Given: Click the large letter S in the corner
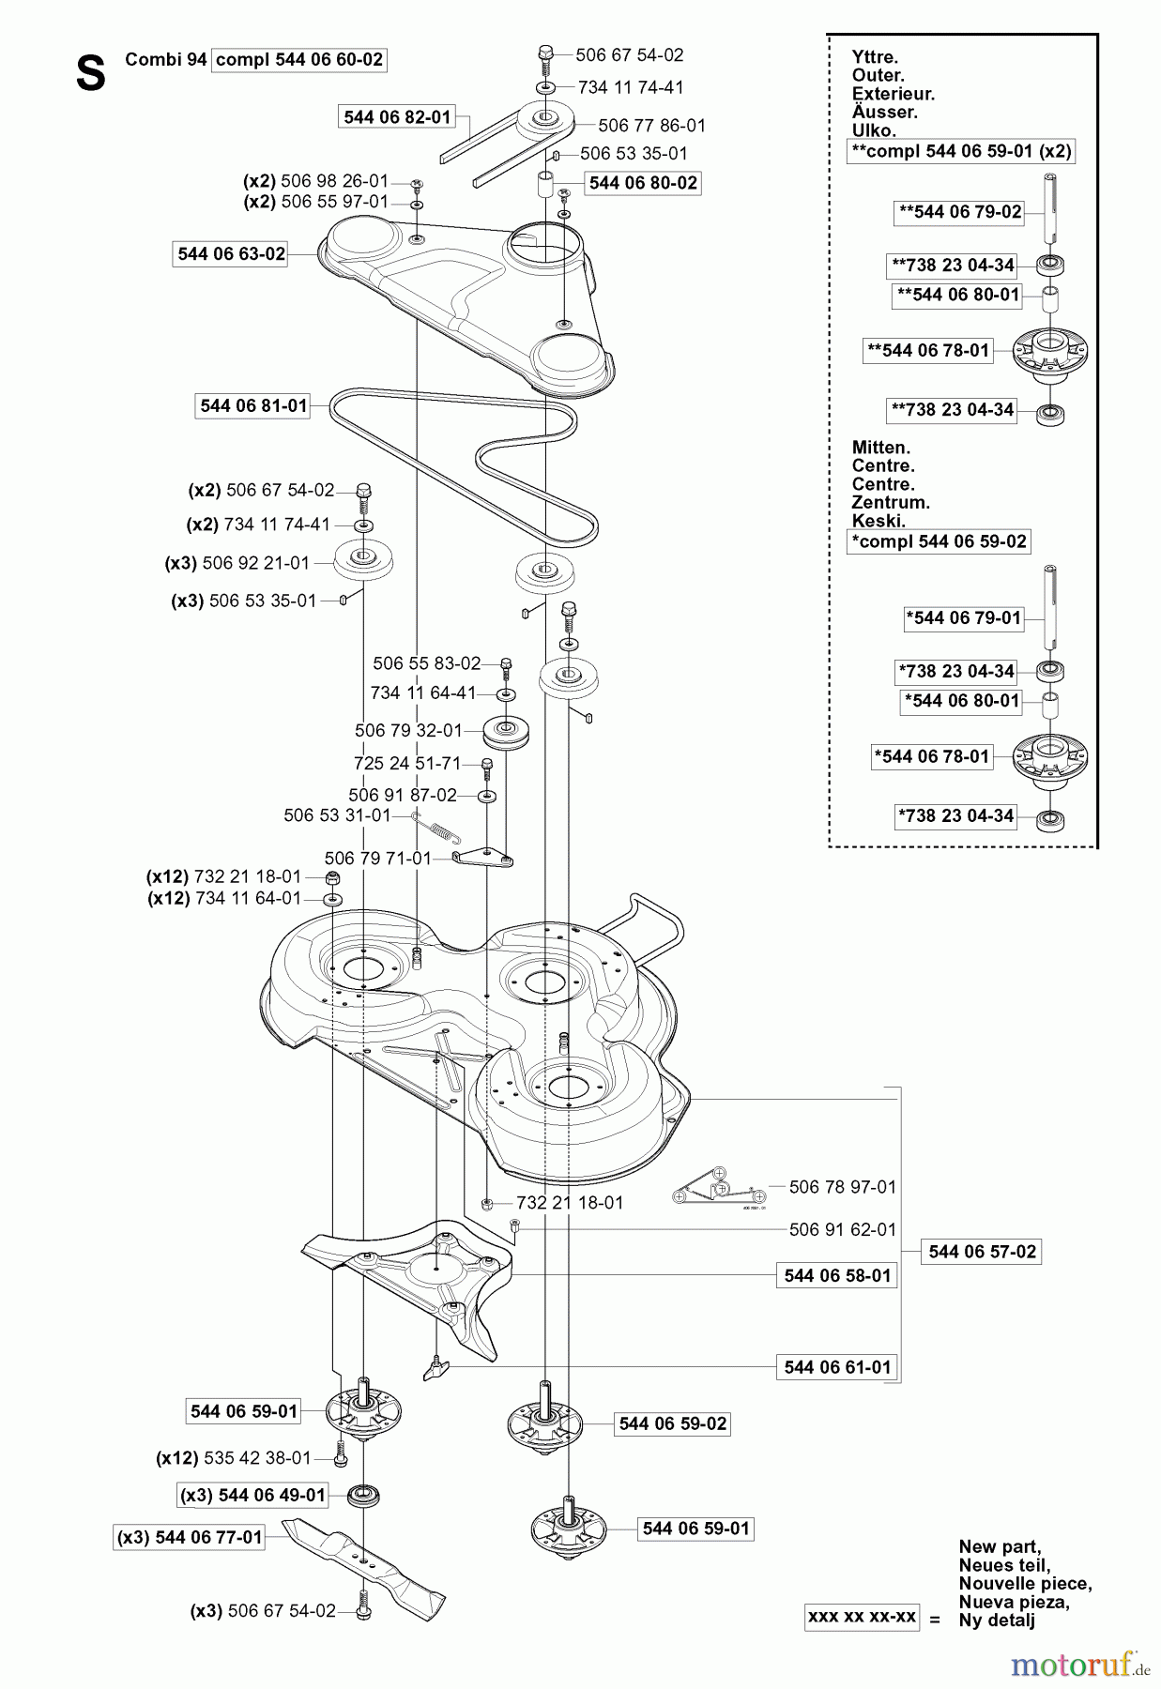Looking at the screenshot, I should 90,73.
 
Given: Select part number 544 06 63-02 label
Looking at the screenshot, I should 231,254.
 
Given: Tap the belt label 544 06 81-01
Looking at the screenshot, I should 253,405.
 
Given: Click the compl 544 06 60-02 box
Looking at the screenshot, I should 299,60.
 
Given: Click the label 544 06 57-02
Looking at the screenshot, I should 983,1252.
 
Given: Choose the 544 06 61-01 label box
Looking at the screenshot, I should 837,1367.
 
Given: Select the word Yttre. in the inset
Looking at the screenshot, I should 875,57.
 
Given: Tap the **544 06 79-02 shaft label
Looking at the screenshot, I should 959,212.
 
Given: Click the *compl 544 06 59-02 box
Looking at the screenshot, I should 938,541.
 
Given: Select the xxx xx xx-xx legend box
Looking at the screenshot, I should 862,1618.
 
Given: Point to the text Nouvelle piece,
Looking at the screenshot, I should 1025,1584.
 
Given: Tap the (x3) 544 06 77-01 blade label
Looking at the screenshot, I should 190,1538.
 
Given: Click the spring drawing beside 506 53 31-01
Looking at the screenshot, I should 436,825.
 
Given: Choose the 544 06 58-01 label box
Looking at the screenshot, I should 836,1276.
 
